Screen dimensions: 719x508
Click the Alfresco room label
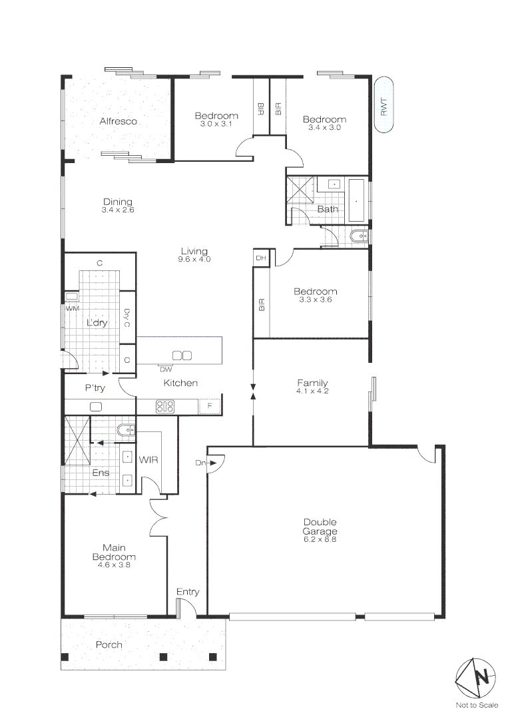(118, 121)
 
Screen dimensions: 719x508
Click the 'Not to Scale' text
(477, 705)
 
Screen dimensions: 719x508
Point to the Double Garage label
(320, 527)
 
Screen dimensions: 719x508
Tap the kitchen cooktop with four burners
(164, 406)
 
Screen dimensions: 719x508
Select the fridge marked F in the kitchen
(210, 406)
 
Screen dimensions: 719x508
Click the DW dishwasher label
(166, 369)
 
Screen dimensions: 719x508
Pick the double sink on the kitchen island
(182, 356)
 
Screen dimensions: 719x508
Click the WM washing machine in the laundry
(71, 298)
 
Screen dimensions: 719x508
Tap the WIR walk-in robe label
(147, 459)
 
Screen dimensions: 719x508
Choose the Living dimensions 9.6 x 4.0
(195, 260)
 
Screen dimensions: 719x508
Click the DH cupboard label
(260, 258)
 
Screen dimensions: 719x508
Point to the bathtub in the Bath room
(357, 200)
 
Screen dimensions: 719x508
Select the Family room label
(312, 383)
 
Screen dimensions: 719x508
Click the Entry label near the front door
(187, 592)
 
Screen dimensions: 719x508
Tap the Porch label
(109, 644)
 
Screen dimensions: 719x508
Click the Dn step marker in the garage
(200, 463)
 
